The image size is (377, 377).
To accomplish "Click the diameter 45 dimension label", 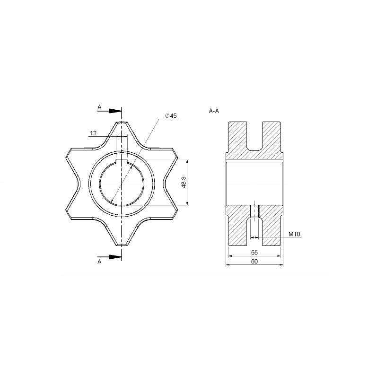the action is coord(171,115).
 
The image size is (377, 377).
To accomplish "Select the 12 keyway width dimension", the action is coord(93,133).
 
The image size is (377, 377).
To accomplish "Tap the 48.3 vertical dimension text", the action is coord(184,182).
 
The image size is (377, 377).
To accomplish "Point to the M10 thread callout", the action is coord(294,234).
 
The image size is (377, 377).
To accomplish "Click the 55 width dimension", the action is coord(254,253).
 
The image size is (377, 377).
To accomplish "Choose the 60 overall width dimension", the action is coord(254,262).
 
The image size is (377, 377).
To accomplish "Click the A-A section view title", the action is coord(214,111).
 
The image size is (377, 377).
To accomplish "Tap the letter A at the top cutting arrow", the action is coord(99,107).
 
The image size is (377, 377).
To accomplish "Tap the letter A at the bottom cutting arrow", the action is coord(99,262).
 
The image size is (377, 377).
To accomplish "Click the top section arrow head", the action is coord(115,111).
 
